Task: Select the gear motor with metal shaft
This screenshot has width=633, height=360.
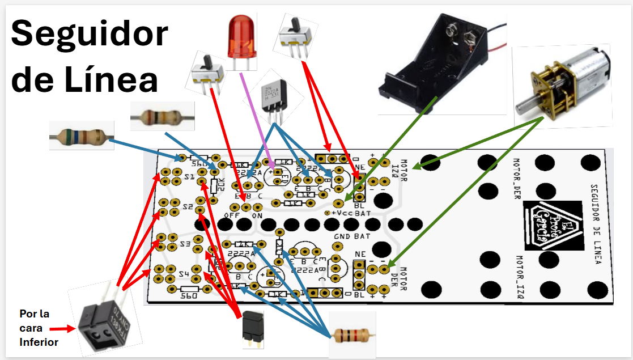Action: (x=561, y=85)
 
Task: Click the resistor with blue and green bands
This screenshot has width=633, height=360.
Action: (x=81, y=135)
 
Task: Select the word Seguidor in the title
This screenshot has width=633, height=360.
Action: (x=90, y=34)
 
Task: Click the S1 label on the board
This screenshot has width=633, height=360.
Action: (x=189, y=178)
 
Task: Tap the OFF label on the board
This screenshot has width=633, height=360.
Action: (x=231, y=215)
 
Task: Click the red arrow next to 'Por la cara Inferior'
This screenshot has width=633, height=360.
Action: (x=62, y=328)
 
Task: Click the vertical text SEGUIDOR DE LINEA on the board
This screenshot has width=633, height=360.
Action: (x=595, y=224)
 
